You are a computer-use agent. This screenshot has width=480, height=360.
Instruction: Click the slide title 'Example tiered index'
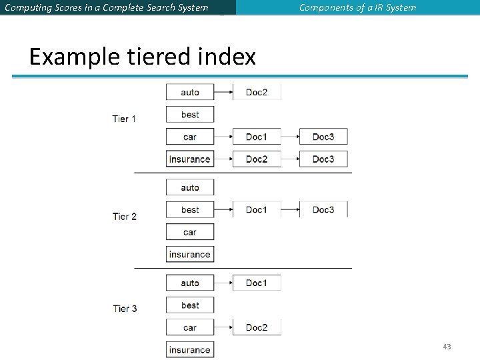(x=143, y=57)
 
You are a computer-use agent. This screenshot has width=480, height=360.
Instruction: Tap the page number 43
(x=447, y=347)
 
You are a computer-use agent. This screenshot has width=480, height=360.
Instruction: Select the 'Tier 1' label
(x=125, y=119)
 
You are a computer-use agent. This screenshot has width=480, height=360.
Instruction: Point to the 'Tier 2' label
(x=125, y=216)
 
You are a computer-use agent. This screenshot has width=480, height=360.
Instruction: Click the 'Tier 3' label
(x=125, y=308)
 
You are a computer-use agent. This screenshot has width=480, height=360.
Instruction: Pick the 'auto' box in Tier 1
(x=190, y=92)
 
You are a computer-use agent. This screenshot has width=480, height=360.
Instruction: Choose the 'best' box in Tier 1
(x=190, y=115)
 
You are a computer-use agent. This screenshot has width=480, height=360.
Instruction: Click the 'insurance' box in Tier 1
(x=190, y=159)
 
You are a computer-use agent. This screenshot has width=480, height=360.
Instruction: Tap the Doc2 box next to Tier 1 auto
(x=257, y=92)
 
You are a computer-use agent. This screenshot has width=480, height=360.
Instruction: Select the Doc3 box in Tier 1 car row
(x=323, y=137)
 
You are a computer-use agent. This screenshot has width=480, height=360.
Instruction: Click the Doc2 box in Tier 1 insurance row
(x=257, y=159)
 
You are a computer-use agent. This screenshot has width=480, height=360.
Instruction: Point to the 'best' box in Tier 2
(x=190, y=209)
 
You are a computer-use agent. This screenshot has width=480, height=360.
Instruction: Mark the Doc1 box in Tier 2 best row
(x=257, y=209)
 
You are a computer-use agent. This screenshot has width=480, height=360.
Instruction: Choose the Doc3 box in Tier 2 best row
(x=323, y=209)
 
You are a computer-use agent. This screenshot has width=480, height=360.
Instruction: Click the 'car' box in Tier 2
(x=190, y=232)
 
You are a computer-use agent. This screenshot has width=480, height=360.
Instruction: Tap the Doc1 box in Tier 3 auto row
(x=257, y=283)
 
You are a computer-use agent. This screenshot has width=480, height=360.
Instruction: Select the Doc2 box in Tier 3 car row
(x=257, y=327)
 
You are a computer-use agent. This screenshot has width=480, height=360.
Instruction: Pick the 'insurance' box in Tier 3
(x=190, y=349)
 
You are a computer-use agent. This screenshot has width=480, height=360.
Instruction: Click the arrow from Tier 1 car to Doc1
(x=223, y=137)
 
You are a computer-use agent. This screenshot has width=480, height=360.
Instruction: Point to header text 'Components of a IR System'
(x=357, y=8)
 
